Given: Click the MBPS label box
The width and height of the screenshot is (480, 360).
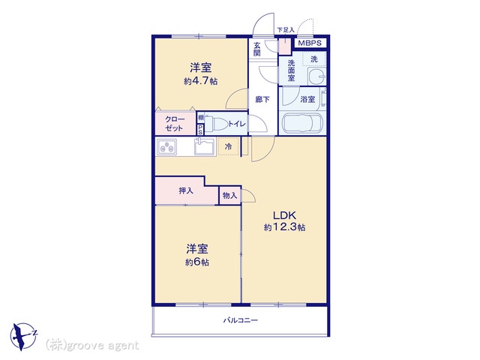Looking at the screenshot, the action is (x=310, y=43).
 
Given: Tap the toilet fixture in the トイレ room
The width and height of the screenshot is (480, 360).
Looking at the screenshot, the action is (x=216, y=124).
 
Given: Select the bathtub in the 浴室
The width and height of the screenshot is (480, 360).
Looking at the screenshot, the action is (x=303, y=123).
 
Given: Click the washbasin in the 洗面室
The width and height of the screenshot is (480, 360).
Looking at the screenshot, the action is (x=316, y=76).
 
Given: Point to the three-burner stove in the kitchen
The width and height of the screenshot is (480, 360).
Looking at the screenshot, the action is (x=166, y=147).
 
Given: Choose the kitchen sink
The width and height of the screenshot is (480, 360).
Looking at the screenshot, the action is (x=205, y=146).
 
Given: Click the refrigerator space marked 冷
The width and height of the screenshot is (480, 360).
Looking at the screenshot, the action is (x=228, y=147).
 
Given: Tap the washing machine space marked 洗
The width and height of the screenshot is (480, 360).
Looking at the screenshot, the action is (x=314, y=58).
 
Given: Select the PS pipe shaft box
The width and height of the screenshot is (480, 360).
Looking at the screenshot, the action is (x=200, y=130).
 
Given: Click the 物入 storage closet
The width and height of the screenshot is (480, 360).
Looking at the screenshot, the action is (x=230, y=195).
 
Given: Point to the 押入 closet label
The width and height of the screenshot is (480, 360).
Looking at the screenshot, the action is (x=186, y=190).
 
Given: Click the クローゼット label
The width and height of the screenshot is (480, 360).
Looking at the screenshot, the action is (x=174, y=124).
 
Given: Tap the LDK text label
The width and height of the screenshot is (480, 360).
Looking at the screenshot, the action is (x=284, y=215).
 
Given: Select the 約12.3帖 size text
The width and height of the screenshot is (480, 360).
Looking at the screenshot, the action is (x=284, y=227).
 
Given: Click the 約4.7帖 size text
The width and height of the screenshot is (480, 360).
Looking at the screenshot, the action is (x=201, y=81).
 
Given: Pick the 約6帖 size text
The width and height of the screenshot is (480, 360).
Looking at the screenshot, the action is (x=197, y=262).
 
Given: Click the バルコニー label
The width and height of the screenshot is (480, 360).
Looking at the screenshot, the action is (x=240, y=320).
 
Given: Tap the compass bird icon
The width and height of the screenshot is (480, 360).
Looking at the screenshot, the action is (x=22, y=336).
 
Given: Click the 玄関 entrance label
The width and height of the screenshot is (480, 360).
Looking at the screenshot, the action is (x=256, y=49).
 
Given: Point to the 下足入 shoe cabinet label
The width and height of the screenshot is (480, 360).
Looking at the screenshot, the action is (x=285, y=30).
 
